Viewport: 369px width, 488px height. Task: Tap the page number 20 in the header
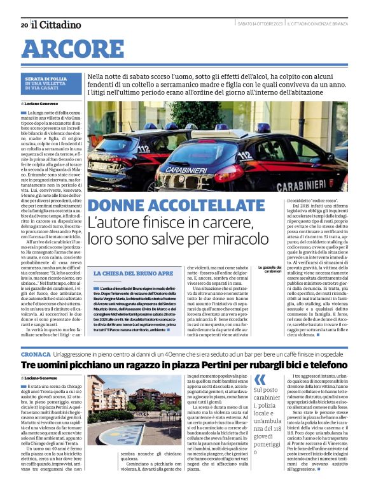pyautogui.click(x=24, y=25)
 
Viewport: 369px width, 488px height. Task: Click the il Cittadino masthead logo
pyautogui.click(x=57, y=24)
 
